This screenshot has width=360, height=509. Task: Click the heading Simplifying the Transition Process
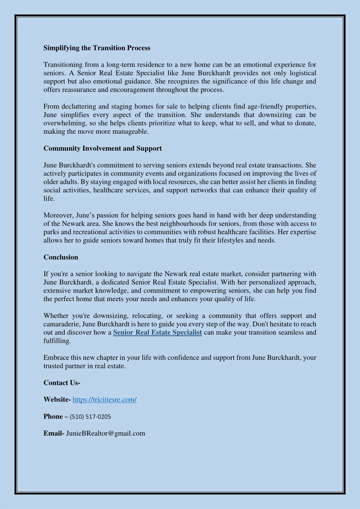[x=97, y=48]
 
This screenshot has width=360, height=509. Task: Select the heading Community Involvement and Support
[x=102, y=148]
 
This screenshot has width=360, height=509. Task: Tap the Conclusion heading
[x=61, y=257]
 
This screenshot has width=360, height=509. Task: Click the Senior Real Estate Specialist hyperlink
[x=157, y=332]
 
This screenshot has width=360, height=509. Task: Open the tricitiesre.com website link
[x=105, y=400]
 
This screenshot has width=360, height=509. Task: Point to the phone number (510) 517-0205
[x=90, y=416]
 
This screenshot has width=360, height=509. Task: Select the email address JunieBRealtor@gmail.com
[x=106, y=433]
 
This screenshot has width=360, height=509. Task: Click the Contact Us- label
[x=62, y=383]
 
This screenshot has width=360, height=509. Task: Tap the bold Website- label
[x=57, y=400]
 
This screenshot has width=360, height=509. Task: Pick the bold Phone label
[x=53, y=416]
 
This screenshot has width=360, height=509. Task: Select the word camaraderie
[x=61, y=324]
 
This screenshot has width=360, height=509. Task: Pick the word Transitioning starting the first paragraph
[x=63, y=65]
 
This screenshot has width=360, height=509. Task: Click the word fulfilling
[x=57, y=341]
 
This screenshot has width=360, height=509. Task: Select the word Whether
[x=56, y=316]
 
